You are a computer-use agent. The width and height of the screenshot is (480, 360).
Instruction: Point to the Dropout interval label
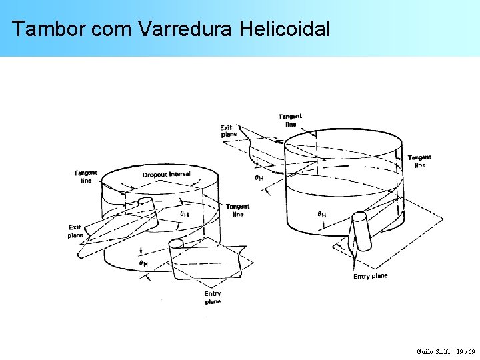pyautogui.click(x=166, y=175)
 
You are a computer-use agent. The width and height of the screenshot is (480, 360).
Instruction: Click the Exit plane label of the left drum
pyautogui.click(x=75, y=231)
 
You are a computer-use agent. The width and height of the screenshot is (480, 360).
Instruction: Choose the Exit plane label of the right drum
pyautogui.click(x=228, y=131)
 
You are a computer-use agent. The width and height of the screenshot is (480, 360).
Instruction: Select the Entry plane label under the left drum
pyautogui.click(x=213, y=297)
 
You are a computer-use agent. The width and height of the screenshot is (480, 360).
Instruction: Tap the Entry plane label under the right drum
pyautogui.click(x=370, y=276)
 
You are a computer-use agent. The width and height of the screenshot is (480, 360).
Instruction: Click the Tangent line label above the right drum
pyautogui.click(x=290, y=120)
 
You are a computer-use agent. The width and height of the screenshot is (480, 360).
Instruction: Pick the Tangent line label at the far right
pyautogui.click(x=419, y=161)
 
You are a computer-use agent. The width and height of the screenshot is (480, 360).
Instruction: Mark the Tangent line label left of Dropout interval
pyautogui.click(x=85, y=177)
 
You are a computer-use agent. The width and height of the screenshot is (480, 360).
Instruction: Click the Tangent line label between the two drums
pyautogui.click(x=237, y=210)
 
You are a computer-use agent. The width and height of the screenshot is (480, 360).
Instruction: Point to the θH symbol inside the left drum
pyautogui.click(x=184, y=214)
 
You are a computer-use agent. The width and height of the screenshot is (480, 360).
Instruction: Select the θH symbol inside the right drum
pyautogui.click(x=321, y=215)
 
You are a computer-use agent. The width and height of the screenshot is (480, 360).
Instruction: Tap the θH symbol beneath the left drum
pyautogui.click(x=143, y=264)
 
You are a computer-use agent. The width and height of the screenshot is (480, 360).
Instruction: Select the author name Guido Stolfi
pyautogui.click(x=433, y=351)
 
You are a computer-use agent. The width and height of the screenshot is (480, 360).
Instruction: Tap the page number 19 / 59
pyautogui.click(x=465, y=351)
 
